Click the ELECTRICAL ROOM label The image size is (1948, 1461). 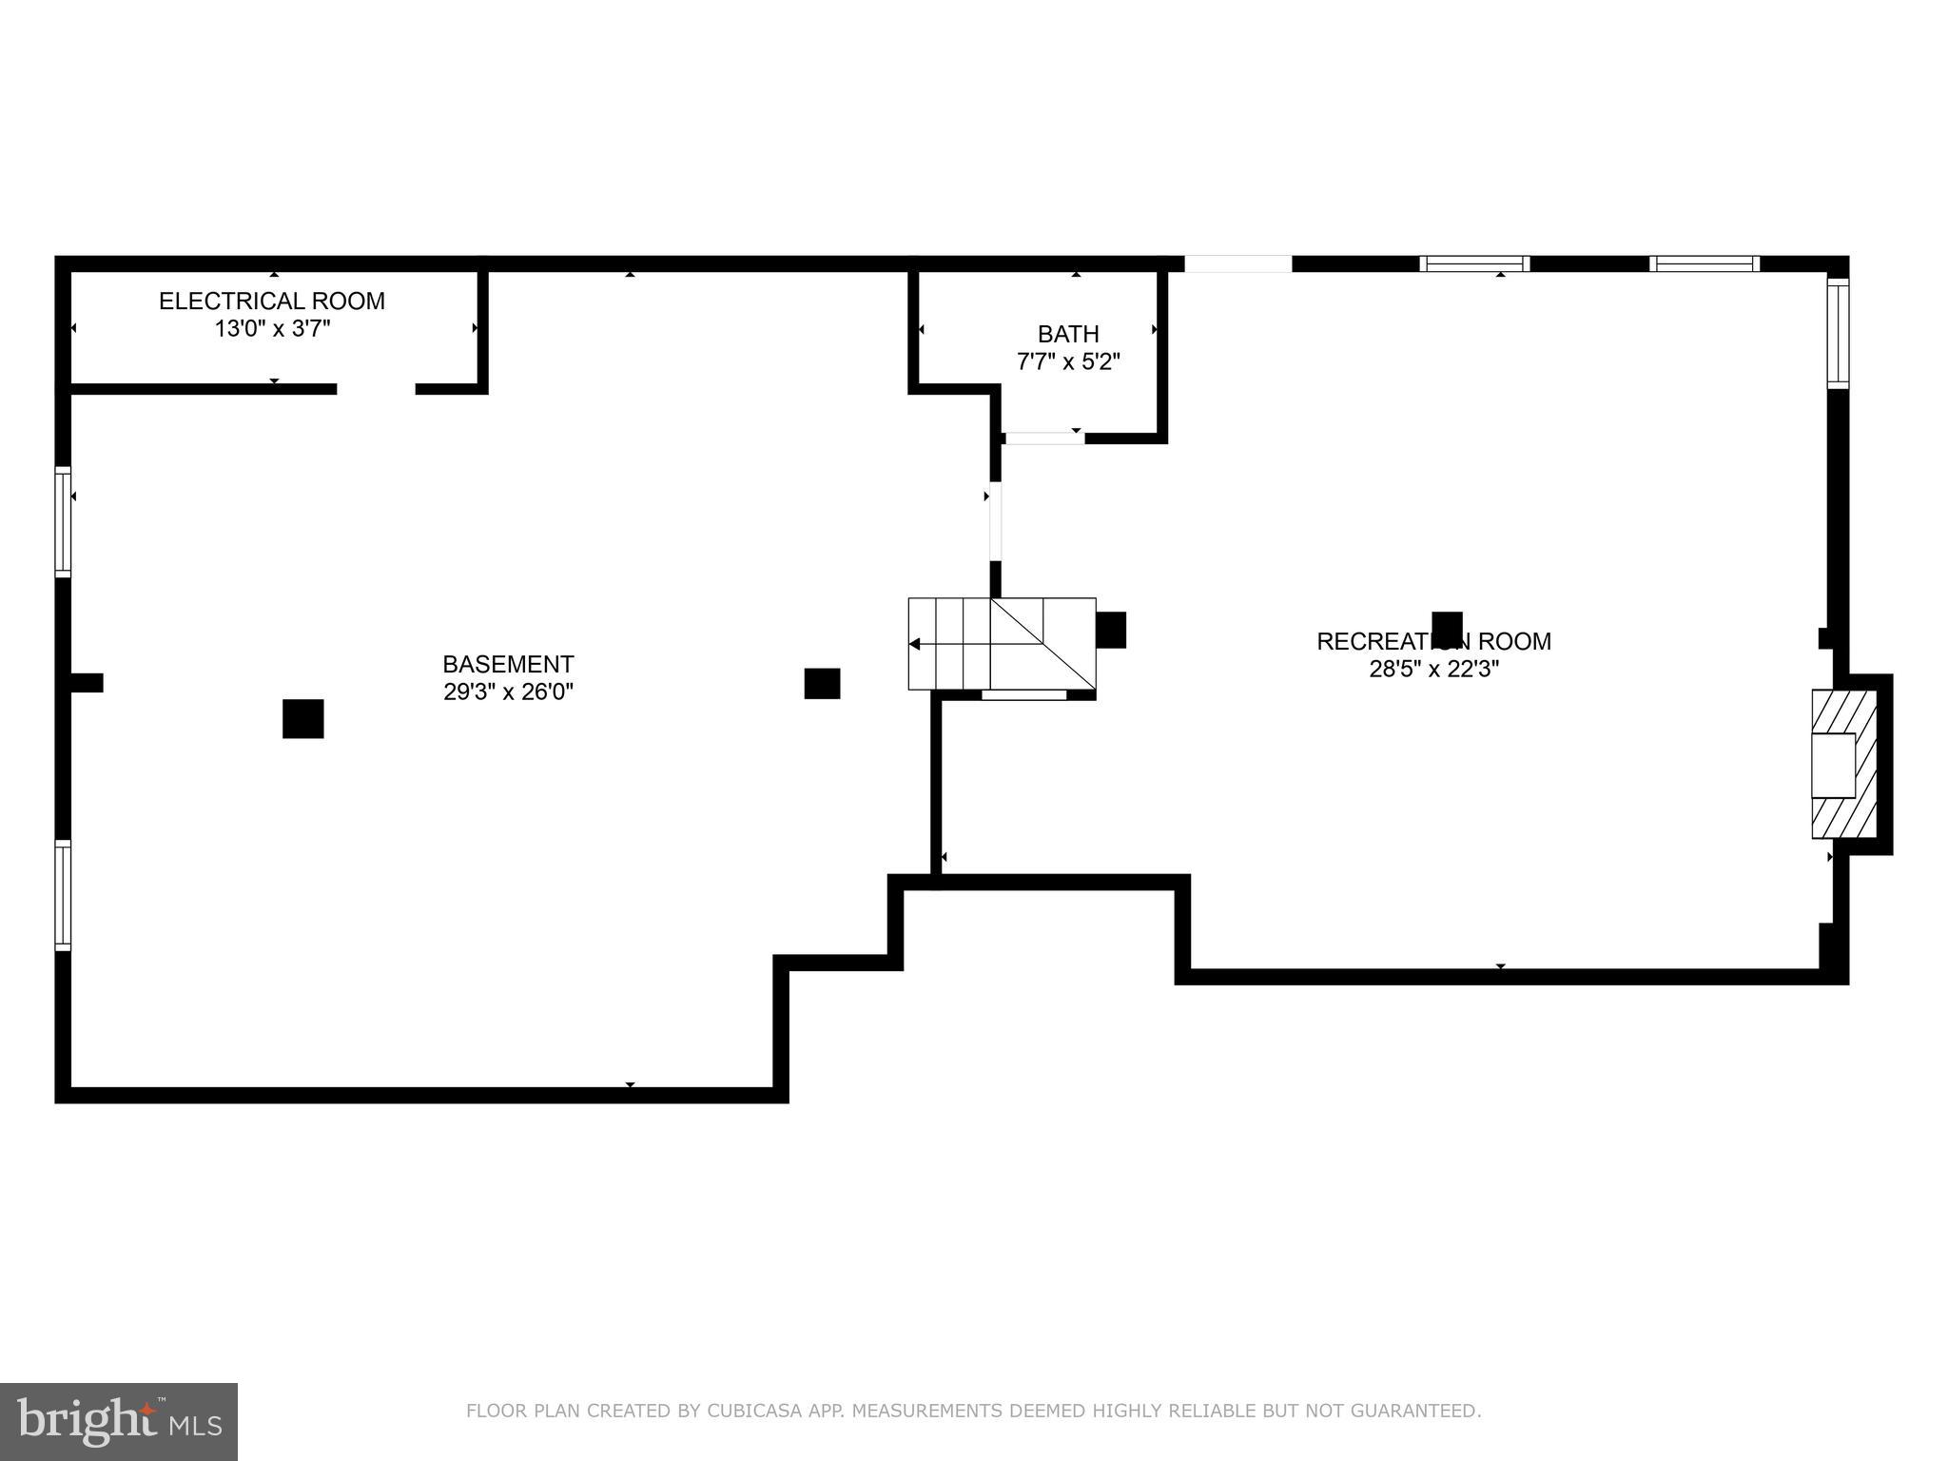[271, 302]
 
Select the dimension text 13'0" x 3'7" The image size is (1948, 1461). [272, 329]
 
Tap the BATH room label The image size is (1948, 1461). [1068, 334]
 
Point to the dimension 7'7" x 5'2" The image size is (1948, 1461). [1068, 362]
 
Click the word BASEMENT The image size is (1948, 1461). [508, 664]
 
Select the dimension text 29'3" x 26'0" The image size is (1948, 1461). [508, 692]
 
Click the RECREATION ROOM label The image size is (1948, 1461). [1433, 642]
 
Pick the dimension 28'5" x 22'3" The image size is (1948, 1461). [1433, 669]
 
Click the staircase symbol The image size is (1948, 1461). [1002, 643]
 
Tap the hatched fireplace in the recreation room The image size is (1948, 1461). [1843, 764]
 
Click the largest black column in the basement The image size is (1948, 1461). [302, 719]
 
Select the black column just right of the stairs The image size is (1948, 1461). [1110, 630]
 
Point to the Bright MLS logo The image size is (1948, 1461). [118, 1421]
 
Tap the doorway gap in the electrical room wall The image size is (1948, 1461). [376, 389]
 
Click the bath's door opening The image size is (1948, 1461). [1044, 438]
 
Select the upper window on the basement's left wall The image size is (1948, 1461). [63, 521]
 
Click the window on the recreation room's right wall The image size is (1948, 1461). [1838, 333]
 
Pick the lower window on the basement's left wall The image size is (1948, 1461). [63, 895]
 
